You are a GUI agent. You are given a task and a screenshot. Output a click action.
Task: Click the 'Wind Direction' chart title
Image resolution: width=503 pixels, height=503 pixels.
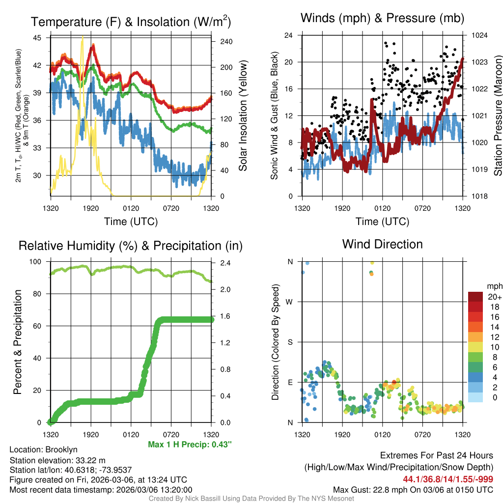coord(382,244)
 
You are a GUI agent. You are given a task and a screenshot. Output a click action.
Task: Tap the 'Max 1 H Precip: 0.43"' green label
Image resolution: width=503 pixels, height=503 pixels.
coord(190,445)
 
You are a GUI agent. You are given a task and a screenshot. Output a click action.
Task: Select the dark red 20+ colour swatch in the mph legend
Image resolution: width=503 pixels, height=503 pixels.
coord(476,296)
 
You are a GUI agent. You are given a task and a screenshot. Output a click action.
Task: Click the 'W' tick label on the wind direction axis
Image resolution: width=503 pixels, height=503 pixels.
coord(290,302)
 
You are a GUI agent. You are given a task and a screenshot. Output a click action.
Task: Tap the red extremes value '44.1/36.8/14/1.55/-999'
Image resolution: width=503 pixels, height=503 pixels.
coord(448,479)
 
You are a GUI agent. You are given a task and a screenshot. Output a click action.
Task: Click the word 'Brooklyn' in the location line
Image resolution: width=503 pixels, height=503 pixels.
coord(61,449)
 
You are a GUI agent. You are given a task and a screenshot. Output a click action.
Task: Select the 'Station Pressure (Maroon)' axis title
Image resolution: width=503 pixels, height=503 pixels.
coord(497,116)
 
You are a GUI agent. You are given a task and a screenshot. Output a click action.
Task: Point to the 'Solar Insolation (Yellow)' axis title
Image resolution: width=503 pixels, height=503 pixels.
coord(243,116)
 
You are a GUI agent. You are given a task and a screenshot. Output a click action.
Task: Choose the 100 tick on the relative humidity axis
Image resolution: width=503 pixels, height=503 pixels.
coord(37,262)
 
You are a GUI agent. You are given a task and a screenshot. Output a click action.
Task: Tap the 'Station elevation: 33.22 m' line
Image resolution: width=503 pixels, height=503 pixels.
coord(57,460)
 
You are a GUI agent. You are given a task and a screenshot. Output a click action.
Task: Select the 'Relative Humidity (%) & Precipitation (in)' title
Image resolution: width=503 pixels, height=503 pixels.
coord(130,246)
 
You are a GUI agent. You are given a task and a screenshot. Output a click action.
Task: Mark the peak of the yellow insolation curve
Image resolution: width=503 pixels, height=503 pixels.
coord(82,37)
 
